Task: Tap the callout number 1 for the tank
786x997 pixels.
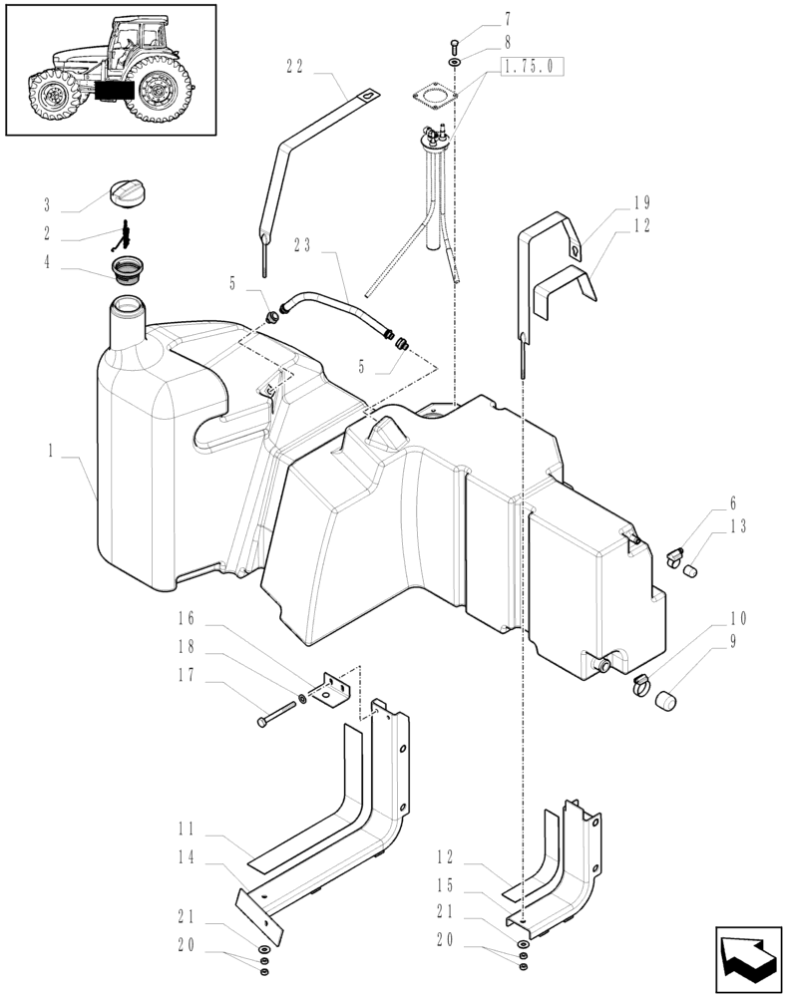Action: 49,451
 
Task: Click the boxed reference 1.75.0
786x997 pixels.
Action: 534,67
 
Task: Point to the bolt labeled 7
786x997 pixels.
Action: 455,42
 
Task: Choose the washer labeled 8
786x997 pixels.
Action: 455,62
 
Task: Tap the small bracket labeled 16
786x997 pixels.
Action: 329,688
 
